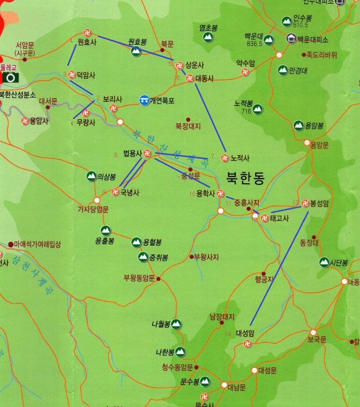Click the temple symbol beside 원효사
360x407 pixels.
click(x=87, y=33)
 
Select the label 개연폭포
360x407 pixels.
click(x=162, y=101)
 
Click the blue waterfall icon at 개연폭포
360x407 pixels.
click(x=144, y=100)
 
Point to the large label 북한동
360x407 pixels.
click(x=246, y=177)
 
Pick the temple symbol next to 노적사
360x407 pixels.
click(x=225, y=158)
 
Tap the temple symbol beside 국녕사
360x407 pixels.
click(x=114, y=192)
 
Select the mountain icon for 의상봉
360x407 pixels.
click(x=91, y=177)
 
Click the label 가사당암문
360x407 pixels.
click(x=93, y=209)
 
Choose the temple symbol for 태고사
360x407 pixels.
click(x=265, y=219)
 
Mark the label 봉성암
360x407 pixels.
click(x=319, y=203)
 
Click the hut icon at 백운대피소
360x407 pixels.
click(x=290, y=39)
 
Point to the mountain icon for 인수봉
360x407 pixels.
click(x=287, y=21)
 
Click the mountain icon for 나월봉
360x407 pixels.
click(x=176, y=324)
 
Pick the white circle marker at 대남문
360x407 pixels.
click(x=224, y=385)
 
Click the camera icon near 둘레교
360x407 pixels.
click(x=10, y=77)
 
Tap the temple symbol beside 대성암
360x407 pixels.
click(x=247, y=344)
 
